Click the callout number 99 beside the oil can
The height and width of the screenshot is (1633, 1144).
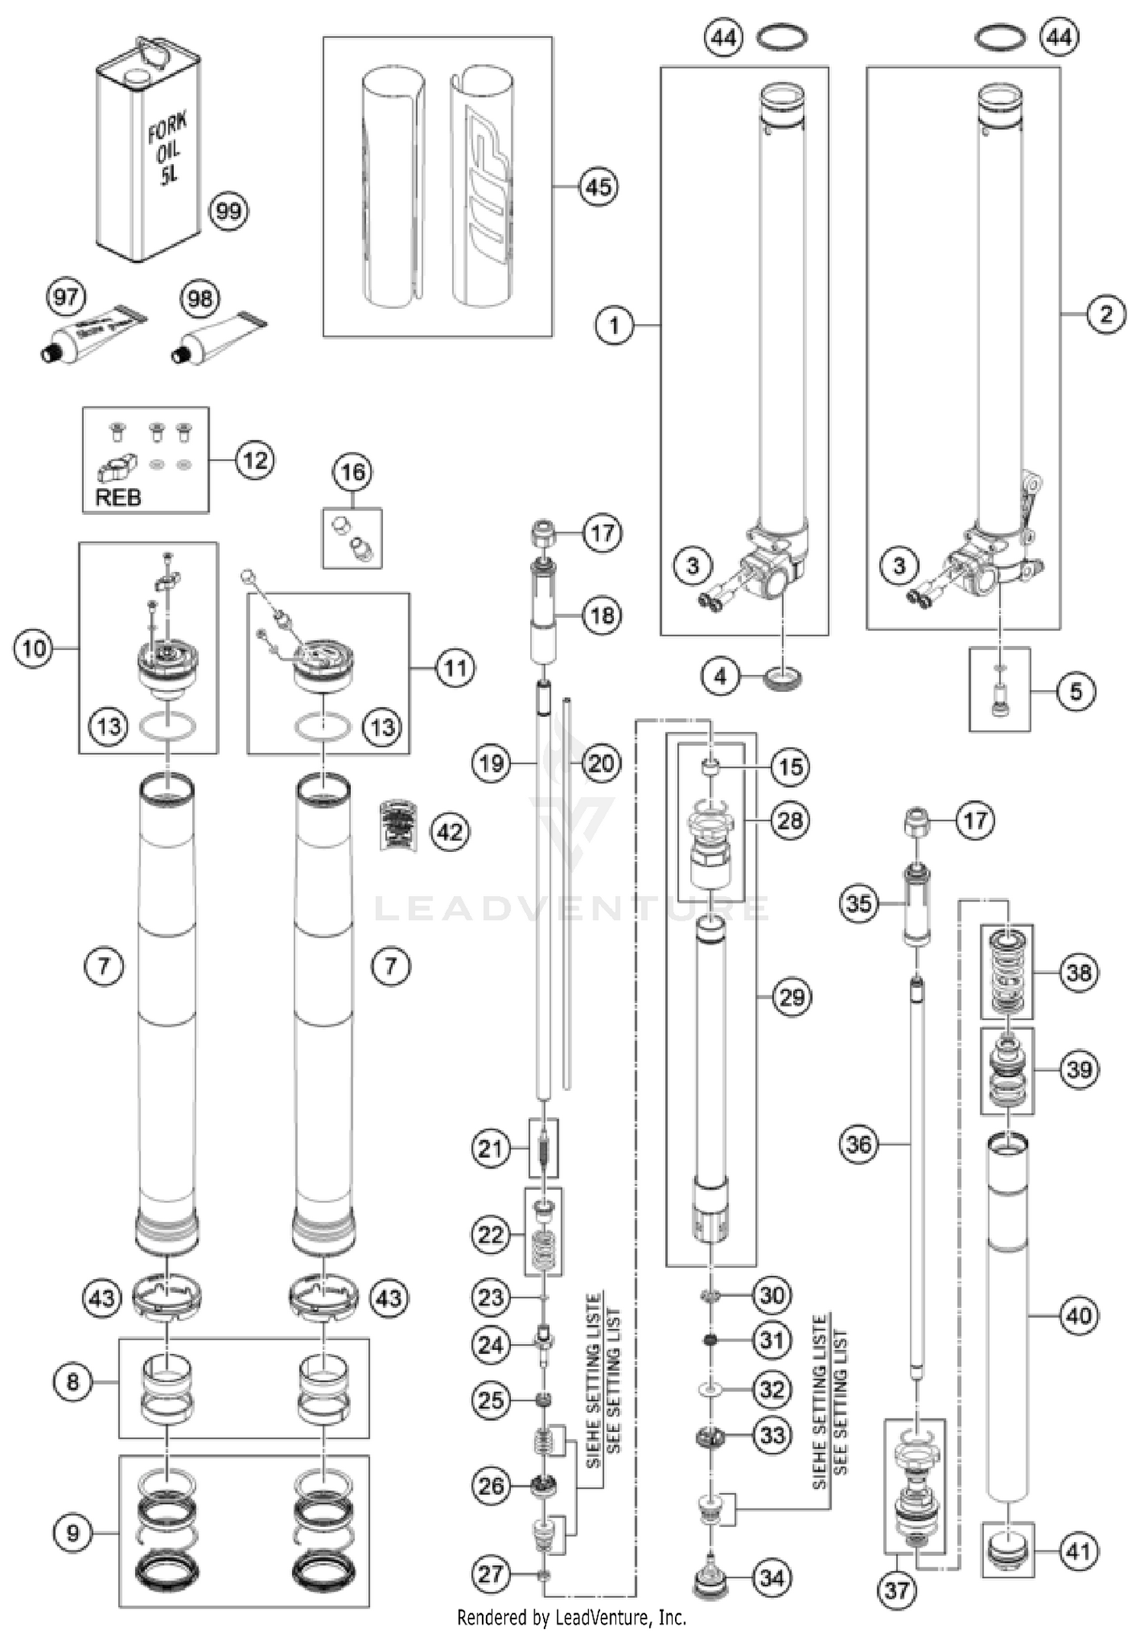pyautogui.click(x=228, y=211)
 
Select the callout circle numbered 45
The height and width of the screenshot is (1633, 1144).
pyautogui.click(x=599, y=186)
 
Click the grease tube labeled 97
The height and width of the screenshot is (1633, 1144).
pyautogui.click(x=92, y=336)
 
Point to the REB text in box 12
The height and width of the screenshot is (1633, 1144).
pyautogui.click(x=118, y=498)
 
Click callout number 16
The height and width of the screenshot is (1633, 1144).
pyautogui.click(x=352, y=472)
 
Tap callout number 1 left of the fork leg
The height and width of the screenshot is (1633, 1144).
pyautogui.click(x=615, y=326)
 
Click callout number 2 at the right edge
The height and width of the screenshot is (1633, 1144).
pyautogui.click(x=1106, y=313)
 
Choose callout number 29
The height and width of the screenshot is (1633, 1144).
pyautogui.click(x=791, y=996)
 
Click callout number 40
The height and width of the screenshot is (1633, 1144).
pyautogui.click(x=1078, y=1315)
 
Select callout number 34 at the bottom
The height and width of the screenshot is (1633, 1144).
pyautogui.click(x=772, y=1577)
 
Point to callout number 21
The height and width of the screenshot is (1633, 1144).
pyautogui.click(x=490, y=1148)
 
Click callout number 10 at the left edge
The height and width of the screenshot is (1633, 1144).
pyautogui.click(x=34, y=648)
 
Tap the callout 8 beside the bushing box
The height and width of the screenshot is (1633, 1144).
pyautogui.click(x=73, y=1381)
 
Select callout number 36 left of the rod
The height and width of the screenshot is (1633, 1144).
pyautogui.click(x=859, y=1144)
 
